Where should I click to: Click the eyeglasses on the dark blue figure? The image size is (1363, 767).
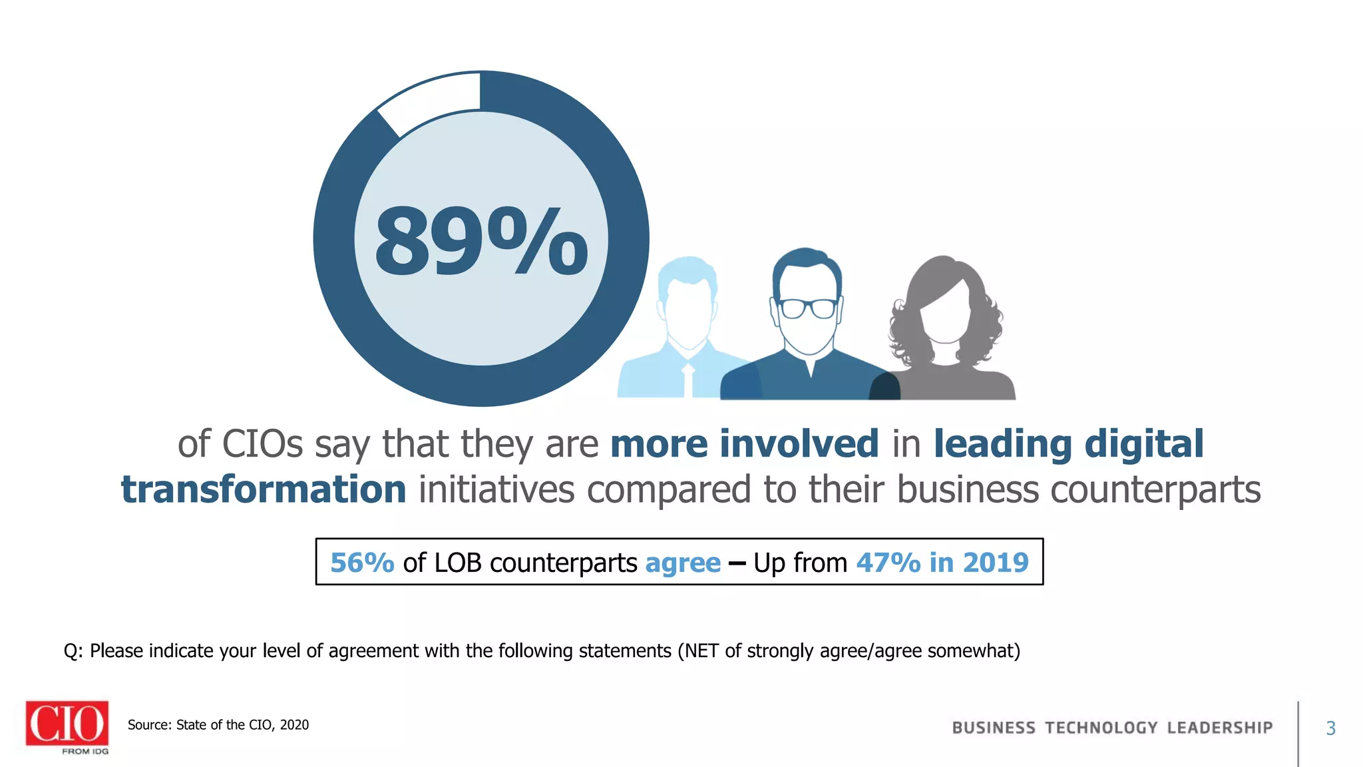point(808,308)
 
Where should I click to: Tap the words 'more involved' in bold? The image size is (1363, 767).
point(744,444)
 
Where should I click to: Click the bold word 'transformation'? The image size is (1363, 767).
point(264,490)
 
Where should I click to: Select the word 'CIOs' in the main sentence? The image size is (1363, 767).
point(262,444)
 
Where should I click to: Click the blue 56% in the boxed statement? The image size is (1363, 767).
point(362,563)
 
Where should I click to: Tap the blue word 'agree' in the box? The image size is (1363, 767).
point(683,563)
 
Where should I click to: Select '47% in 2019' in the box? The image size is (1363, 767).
point(942,563)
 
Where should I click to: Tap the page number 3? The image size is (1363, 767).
point(1330,728)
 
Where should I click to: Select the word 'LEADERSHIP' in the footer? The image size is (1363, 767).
point(1219,728)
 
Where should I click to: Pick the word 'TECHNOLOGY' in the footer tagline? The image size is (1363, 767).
point(1101,728)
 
